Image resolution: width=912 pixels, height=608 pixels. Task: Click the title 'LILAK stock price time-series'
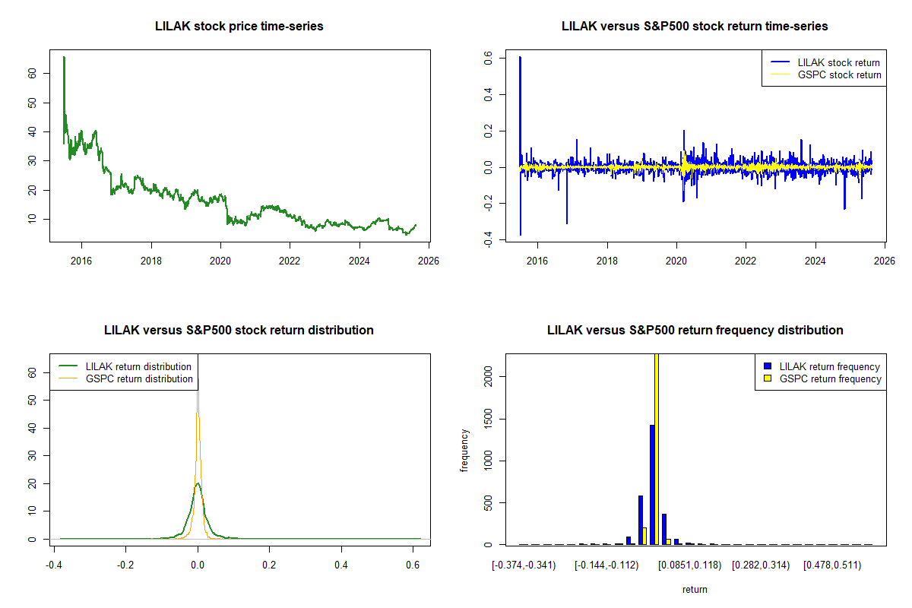tap(239, 26)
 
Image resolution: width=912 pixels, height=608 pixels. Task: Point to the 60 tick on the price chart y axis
tap(31, 74)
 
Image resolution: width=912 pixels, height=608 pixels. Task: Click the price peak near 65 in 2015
tap(64, 57)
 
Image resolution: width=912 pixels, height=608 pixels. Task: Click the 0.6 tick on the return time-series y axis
tap(487, 58)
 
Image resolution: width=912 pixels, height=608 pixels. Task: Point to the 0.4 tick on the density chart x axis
tap(341, 565)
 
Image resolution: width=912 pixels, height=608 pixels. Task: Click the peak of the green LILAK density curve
tap(198, 483)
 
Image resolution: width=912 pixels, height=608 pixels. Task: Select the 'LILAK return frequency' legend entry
tap(829, 366)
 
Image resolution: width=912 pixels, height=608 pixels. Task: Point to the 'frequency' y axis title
tap(464, 449)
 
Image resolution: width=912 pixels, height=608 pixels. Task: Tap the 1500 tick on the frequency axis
tap(487, 419)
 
